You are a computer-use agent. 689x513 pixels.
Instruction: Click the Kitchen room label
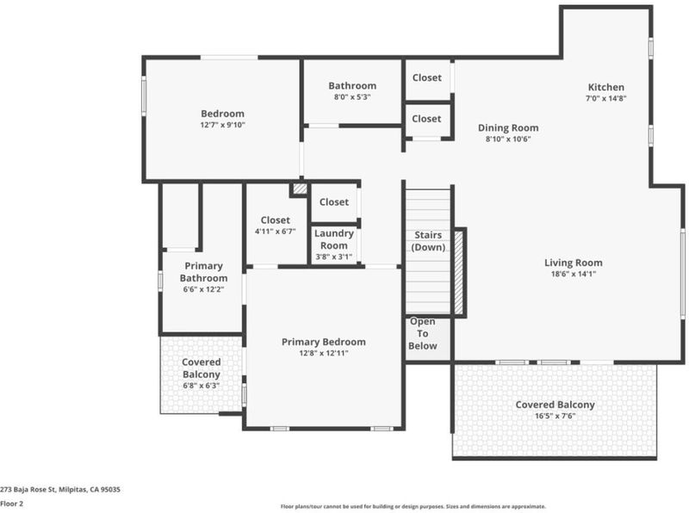click(606, 87)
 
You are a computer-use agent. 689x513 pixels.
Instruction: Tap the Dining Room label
click(508, 127)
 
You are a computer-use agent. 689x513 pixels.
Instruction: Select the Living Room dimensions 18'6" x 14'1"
click(574, 274)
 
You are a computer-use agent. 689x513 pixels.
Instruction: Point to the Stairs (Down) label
click(428, 241)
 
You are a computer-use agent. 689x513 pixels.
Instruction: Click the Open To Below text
click(423, 334)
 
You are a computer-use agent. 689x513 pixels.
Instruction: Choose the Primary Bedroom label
click(324, 342)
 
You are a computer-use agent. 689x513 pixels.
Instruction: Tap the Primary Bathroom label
click(203, 272)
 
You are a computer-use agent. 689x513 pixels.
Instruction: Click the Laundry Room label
click(334, 239)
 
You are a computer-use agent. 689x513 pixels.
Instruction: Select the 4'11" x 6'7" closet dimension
click(275, 232)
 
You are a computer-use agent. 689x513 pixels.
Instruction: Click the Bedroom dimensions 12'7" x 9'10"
click(223, 125)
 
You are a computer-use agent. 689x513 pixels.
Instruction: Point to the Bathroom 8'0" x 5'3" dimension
click(352, 97)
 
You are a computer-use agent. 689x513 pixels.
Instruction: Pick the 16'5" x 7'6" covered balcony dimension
click(555, 416)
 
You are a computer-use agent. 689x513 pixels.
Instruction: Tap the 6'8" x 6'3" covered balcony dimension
click(202, 386)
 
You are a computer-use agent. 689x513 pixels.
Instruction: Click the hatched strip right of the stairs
click(459, 272)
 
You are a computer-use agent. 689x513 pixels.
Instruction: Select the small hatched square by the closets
click(301, 189)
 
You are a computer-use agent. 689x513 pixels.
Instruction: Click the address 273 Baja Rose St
click(28, 489)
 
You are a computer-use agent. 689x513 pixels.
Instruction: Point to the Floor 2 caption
click(11, 504)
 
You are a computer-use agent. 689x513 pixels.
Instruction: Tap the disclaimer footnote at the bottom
click(413, 506)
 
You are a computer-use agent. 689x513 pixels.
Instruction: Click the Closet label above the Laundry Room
click(334, 202)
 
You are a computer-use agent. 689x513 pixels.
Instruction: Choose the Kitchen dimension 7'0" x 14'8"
click(606, 98)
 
